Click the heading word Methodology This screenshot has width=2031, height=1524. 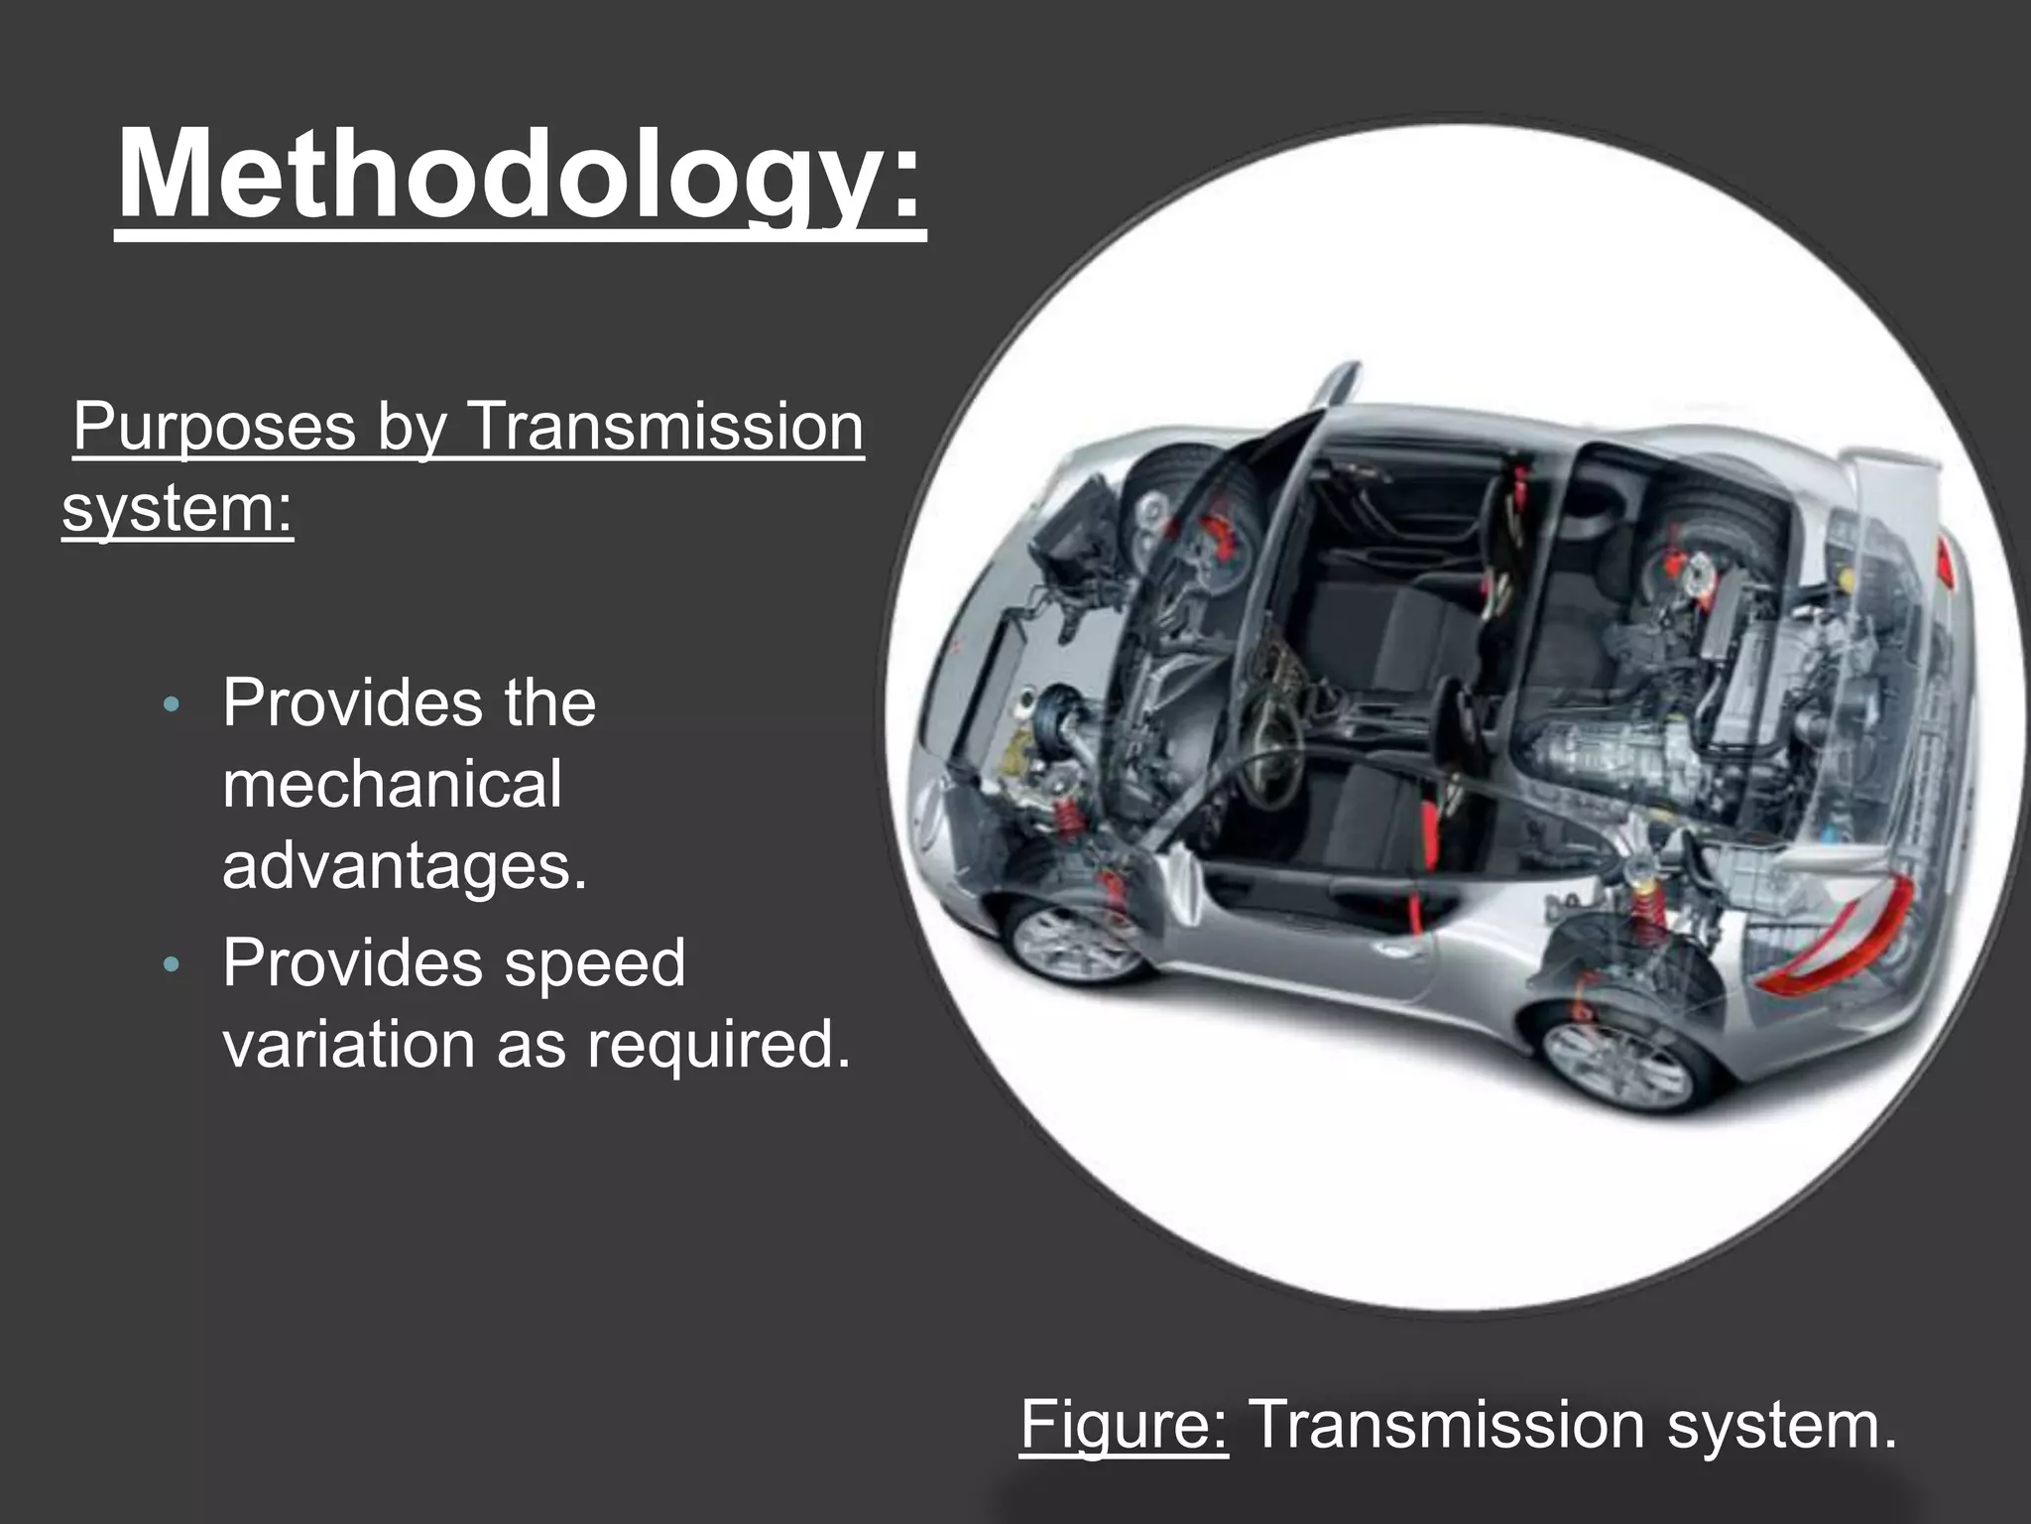point(520,177)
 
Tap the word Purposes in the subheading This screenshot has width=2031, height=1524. point(213,427)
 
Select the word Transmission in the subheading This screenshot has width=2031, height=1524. point(663,427)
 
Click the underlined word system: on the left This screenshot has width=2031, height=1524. point(179,508)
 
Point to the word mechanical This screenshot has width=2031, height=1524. point(392,784)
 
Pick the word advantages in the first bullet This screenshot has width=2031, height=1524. point(405,865)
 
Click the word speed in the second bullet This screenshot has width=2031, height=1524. point(595,962)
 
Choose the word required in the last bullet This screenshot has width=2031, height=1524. point(718,1044)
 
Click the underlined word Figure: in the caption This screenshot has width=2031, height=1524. point(1124,1425)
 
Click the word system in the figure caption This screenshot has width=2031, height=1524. point(1781,1425)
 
